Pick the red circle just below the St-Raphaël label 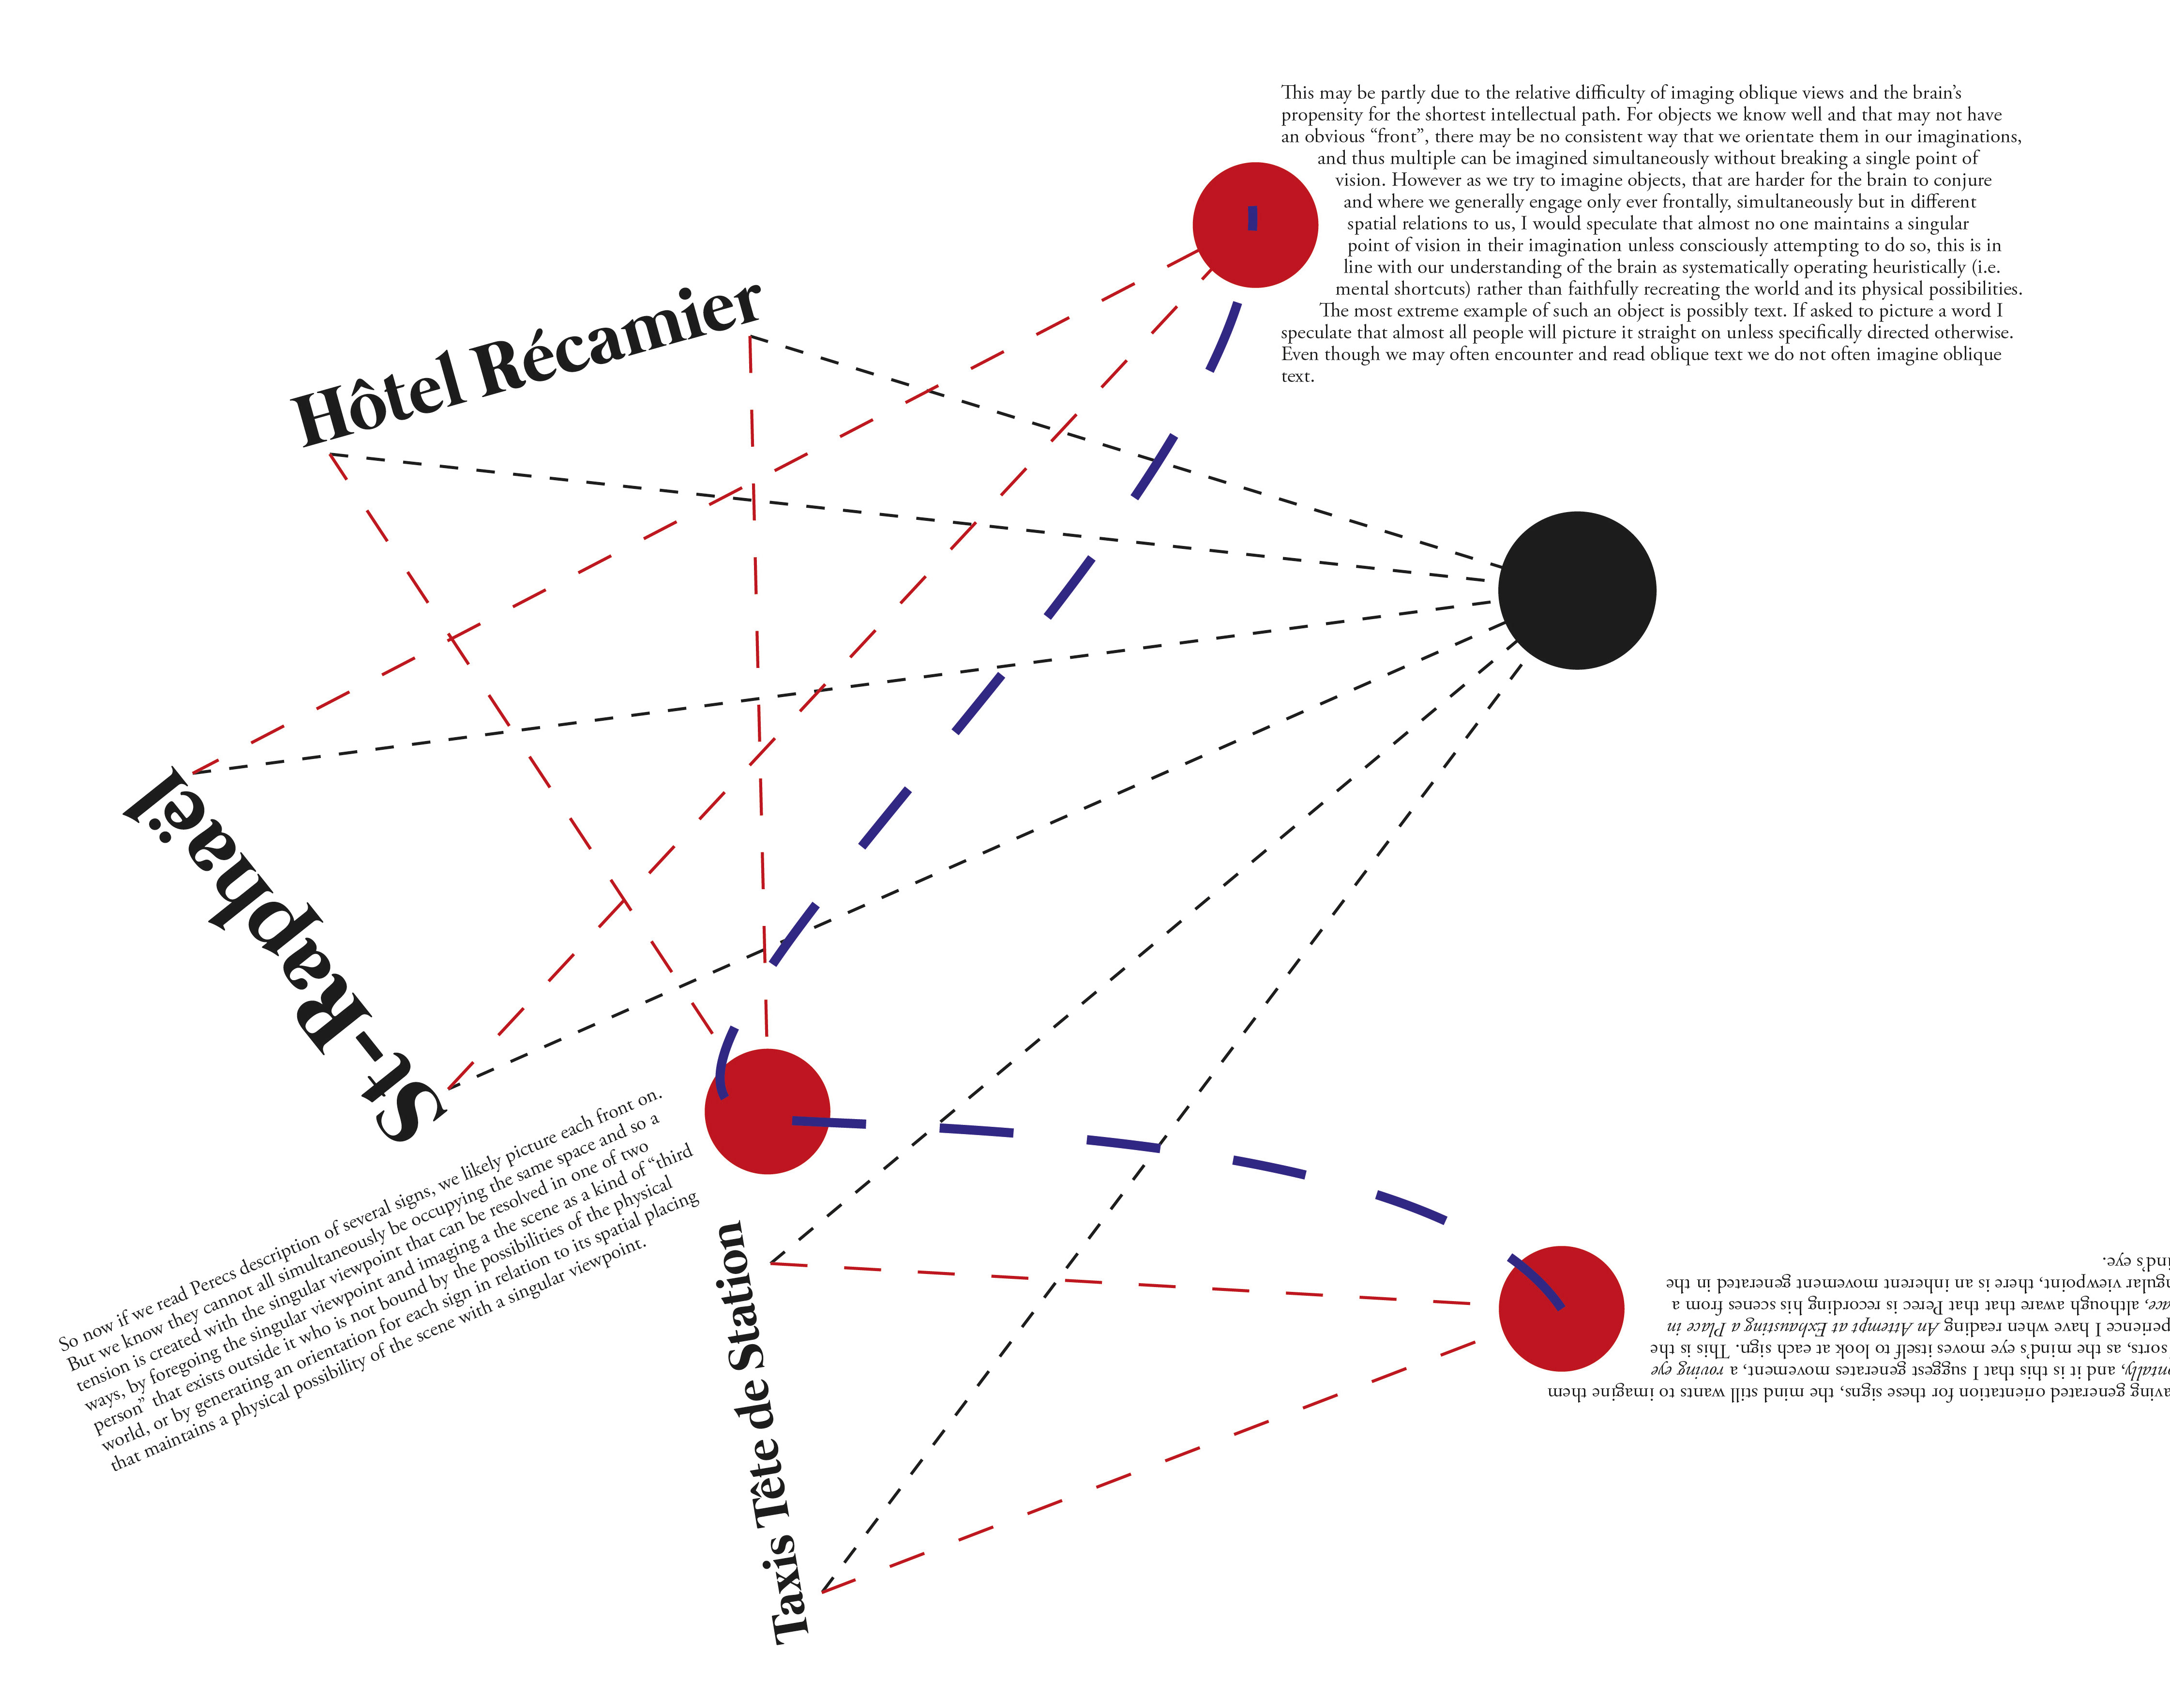click(768, 1111)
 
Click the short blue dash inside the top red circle click(1252, 218)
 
